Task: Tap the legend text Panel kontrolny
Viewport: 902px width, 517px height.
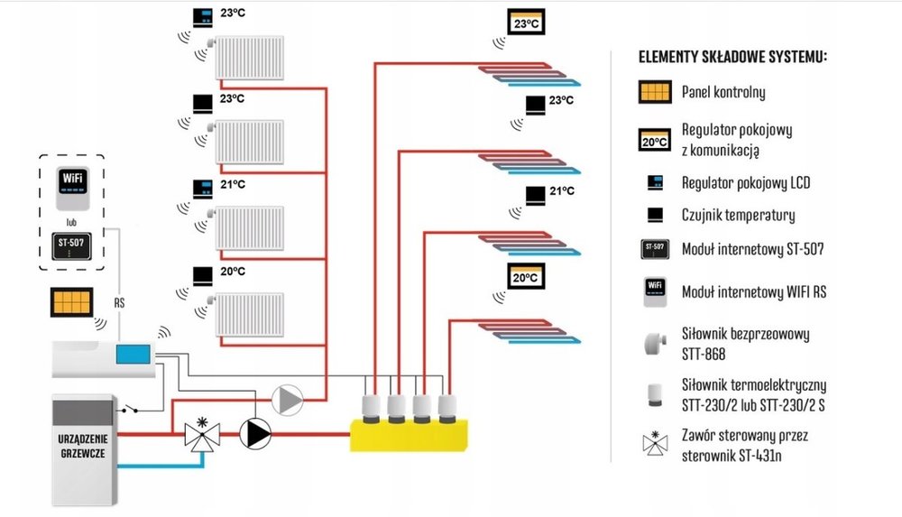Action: (x=724, y=92)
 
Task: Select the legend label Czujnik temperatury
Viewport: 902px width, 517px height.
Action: (x=738, y=215)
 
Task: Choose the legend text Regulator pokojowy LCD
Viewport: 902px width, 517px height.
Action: (x=746, y=183)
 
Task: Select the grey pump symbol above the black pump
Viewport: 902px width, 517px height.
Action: (x=288, y=399)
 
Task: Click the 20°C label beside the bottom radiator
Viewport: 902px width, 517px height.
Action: (x=233, y=271)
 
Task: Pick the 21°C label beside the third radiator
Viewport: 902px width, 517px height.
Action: (x=233, y=184)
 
